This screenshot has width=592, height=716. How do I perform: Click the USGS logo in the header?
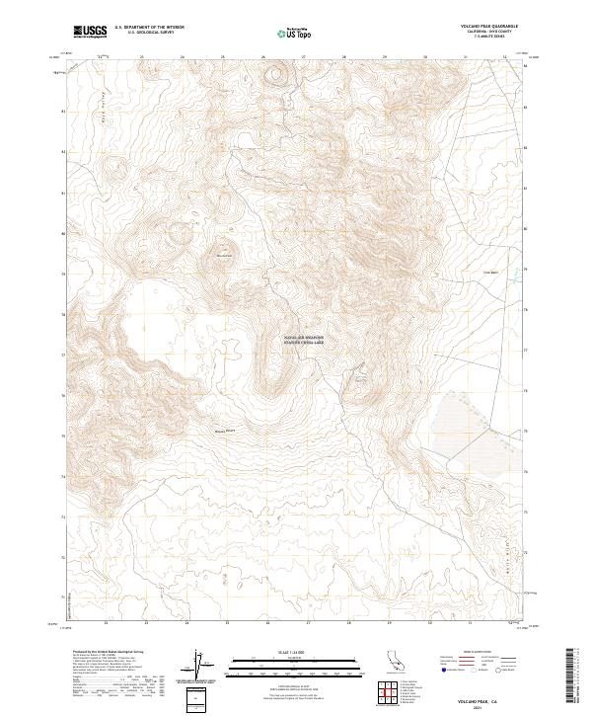coord(90,32)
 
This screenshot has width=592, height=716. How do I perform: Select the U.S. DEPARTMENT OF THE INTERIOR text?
coord(149,27)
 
